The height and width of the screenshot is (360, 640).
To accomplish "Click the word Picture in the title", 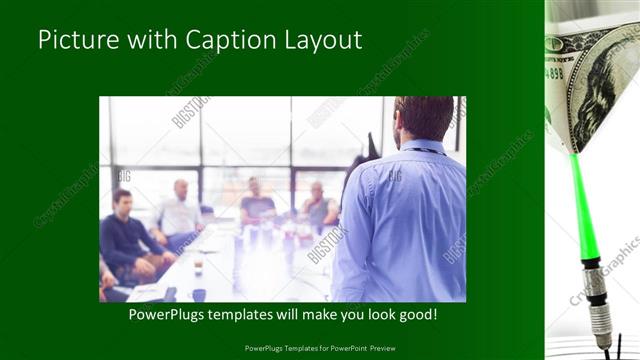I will coord(73,40).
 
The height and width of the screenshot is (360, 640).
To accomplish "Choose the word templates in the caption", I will coord(255,314).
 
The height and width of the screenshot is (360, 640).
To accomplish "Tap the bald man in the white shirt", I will coord(179,211).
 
